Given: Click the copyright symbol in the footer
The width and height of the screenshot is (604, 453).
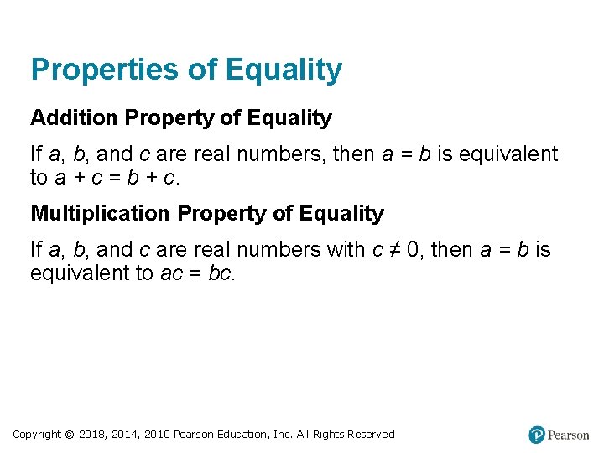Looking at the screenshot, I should (70, 435).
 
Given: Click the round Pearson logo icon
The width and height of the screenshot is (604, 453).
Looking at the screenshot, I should (537, 435).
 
